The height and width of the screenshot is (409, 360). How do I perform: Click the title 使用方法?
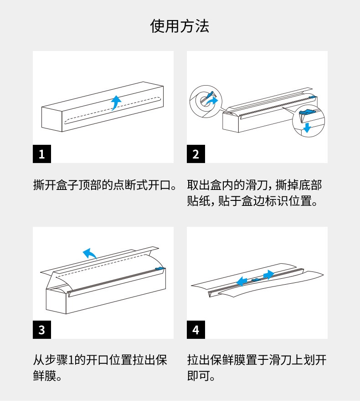click(x=180, y=26)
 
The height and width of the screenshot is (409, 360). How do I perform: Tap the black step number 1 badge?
click(x=42, y=154)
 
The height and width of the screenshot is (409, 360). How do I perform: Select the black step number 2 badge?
click(x=196, y=154)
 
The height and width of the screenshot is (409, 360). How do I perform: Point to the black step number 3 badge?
click(x=42, y=330)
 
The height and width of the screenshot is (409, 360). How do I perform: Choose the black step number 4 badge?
click(x=196, y=330)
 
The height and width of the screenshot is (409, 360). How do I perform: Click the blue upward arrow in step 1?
click(x=115, y=102)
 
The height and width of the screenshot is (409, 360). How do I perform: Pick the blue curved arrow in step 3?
click(x=89, y=253)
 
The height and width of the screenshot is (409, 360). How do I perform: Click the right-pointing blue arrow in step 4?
click(x=268, y=275)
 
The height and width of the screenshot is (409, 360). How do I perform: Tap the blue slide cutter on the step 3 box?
click(x=159, y=269)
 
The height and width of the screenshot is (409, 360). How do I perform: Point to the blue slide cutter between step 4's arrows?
click(x=256, y=280)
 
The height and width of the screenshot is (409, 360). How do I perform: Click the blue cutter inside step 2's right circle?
click(x=307, y=112)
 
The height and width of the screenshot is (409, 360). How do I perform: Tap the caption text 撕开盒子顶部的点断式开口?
click(x=102, y=185)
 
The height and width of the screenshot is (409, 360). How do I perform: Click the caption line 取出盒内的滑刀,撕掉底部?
click(x=254, y=185)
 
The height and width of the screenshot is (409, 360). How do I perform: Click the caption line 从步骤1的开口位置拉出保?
click(x=100, y=360)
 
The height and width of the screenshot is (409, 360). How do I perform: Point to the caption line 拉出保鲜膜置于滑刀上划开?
click(x=257, y=360)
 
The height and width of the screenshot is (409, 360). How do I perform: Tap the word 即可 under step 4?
click(x=198, y=376)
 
